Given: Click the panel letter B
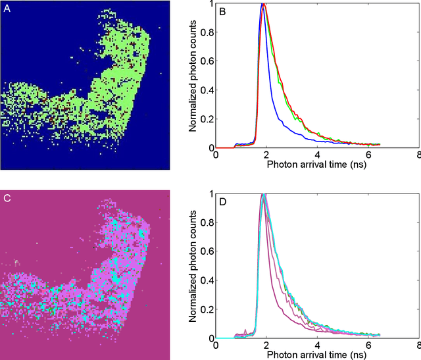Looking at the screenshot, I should pyautogui.click(x=223, y=11).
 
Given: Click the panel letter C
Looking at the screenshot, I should pyautogui.click(x=8, y=198).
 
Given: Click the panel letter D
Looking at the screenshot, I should pyautogui.click(x=223, y=201).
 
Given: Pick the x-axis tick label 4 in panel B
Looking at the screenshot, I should pyautogui.click(x=317, y=155).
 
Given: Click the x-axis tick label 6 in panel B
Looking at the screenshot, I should pyautogui.click(x=367, y=155).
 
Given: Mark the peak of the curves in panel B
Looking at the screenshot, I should pyautogui.click(x=263, y=4).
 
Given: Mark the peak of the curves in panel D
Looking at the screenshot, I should pyautogui.click(x=263, y=195).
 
